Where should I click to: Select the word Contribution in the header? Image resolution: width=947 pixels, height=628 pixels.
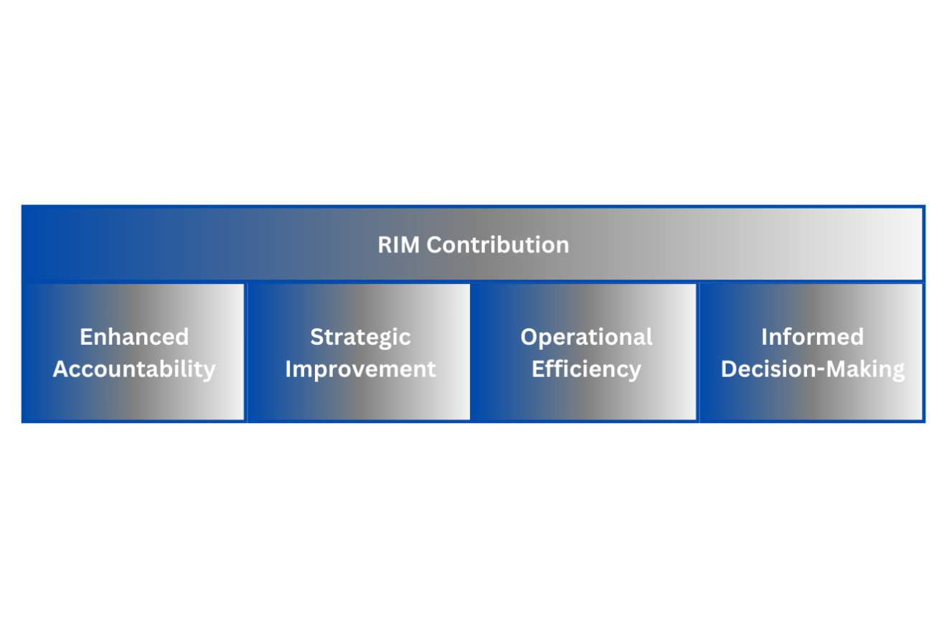498,245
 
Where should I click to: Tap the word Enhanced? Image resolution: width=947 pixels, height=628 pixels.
134,337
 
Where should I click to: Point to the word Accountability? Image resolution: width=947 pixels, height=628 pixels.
134,369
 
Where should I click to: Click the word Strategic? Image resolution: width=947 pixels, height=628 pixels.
360,337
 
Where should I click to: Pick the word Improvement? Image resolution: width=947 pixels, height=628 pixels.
360,369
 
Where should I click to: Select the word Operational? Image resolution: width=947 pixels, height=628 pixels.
586,337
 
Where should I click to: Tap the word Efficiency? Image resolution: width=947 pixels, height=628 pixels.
586,369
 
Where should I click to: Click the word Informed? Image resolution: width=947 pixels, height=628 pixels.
812,337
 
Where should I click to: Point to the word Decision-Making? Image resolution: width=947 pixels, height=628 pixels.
812,369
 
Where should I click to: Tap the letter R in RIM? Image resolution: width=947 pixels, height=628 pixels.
385,245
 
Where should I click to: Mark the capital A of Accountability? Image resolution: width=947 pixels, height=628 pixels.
60,369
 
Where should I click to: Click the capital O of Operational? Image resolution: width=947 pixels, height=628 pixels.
529,337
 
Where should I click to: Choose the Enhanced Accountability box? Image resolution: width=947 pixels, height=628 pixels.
134,401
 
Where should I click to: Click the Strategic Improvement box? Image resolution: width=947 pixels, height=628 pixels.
360,401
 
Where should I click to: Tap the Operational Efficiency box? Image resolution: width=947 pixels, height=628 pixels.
586,401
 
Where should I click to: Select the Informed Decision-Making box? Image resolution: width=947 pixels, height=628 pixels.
812,401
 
